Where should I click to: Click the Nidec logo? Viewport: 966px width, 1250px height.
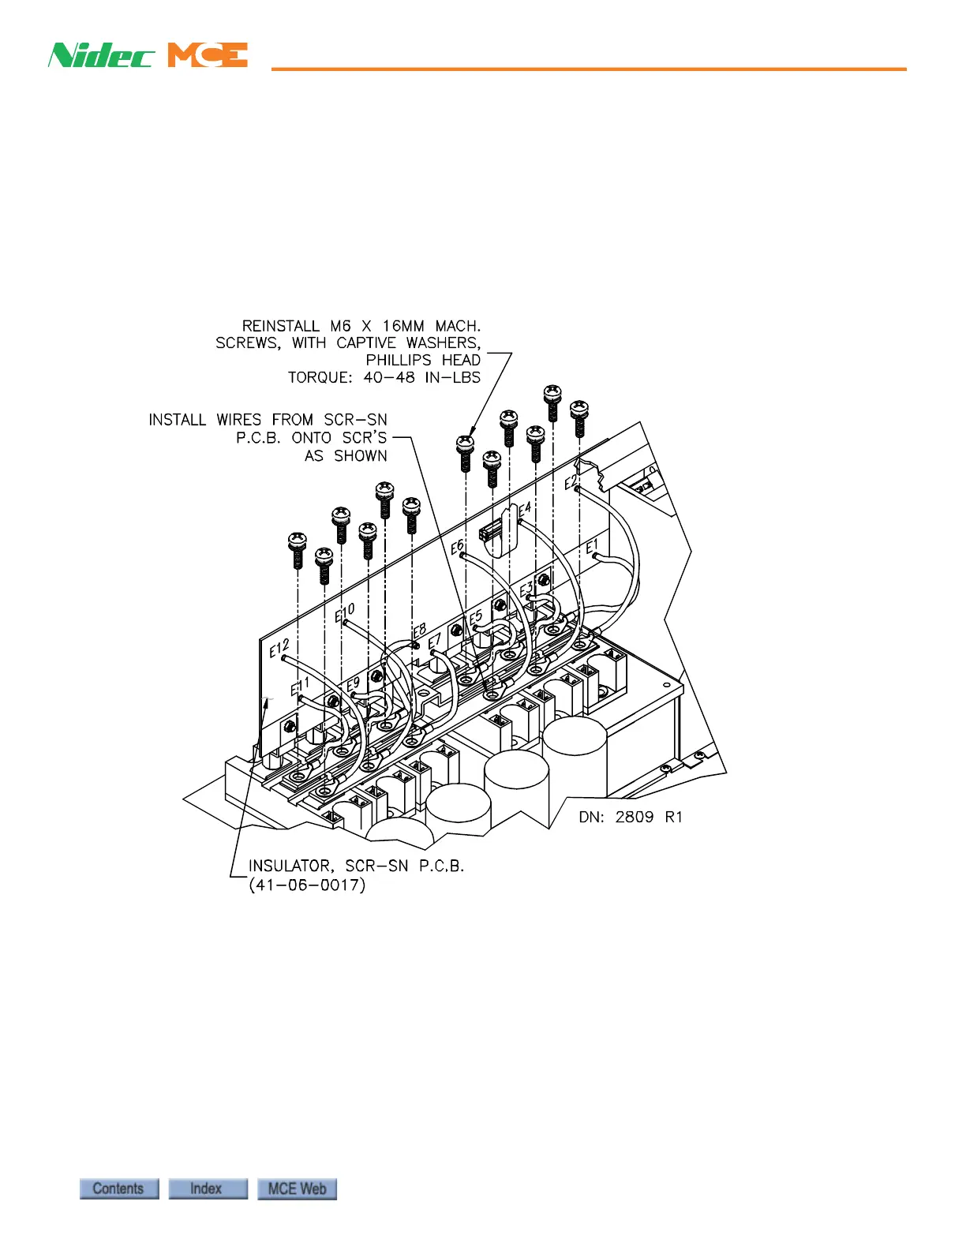coord(100,55)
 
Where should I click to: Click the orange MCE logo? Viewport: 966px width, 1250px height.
coord(208,55)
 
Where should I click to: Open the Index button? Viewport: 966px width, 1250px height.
coord(208,1188)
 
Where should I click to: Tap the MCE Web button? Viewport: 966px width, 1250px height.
coord(297,1188)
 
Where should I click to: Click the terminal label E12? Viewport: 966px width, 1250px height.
coord(279,649)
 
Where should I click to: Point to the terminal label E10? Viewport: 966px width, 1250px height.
coord(345,612)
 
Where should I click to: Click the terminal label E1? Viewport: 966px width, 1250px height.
coord(592,545)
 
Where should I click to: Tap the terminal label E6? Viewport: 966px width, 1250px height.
coord(457,546)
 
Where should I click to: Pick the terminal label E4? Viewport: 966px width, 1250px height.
coord(524,511)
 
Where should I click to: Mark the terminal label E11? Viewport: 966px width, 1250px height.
coord(300,686)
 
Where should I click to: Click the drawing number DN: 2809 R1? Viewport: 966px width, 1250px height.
coord(630,817)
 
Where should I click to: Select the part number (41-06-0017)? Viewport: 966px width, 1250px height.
coord(307,885)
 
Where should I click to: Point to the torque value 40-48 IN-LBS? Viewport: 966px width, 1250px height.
coord(421,377)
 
